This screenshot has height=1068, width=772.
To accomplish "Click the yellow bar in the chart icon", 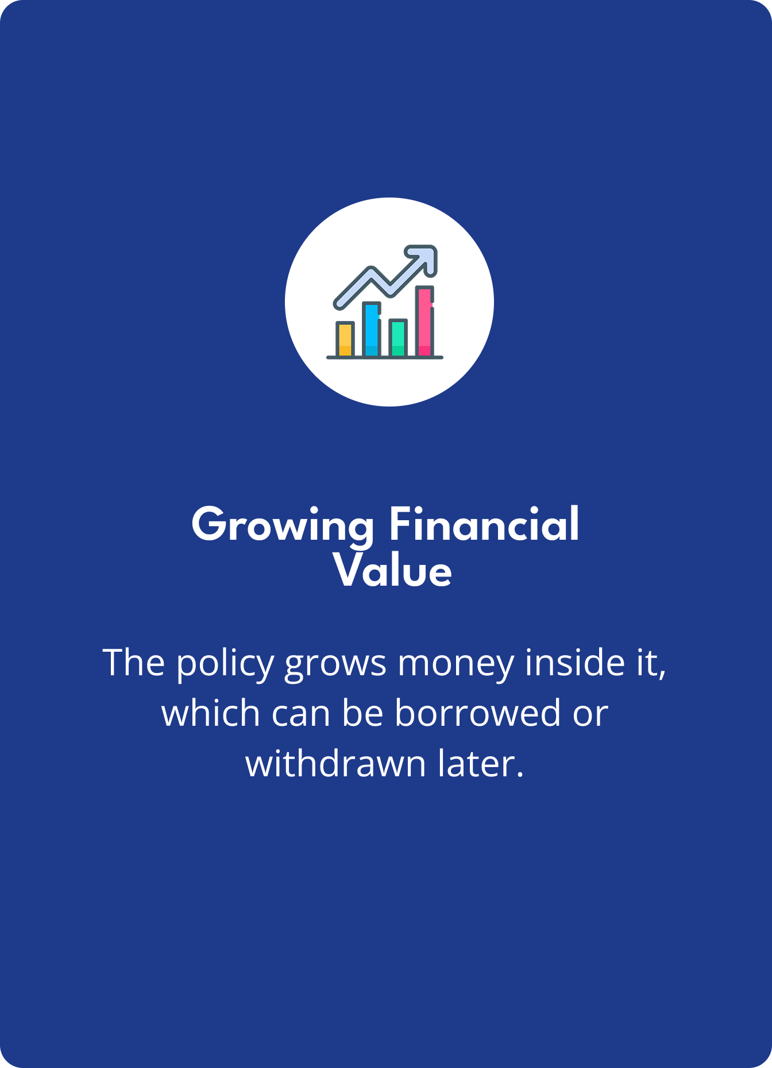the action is point(345,339).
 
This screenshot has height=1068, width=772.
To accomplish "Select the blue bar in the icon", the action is point(372,330).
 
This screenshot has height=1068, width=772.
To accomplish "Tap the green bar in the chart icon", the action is point(398,338).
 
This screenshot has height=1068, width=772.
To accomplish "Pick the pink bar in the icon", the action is point(424,322).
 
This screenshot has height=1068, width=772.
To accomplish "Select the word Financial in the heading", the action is point(484,524).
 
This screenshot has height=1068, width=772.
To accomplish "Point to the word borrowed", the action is point(477,713).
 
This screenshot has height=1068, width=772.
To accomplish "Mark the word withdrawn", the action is point(335,764).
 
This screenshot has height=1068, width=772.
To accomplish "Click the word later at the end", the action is point(481,764).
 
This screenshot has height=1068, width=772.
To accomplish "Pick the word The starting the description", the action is point(134,663).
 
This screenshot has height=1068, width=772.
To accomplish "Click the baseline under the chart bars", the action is point(385,358).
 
